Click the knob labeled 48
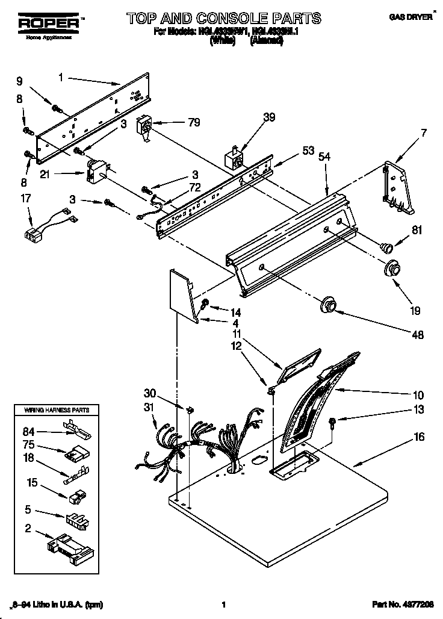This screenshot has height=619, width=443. pyautogui.click(x=329, y=305)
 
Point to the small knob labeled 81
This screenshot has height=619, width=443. pyautogui.click(x=386, y=245)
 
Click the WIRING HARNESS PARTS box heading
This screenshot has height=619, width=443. pyautogui.click(x=57, y=409)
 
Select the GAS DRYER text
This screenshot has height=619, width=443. pyautogui.click(x=410, y=17)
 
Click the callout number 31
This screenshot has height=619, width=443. pyautogui.click(x=149, y=408)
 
